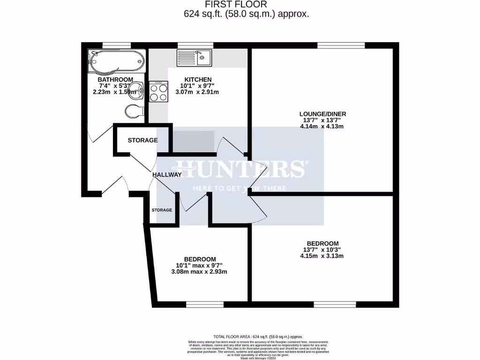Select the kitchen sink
coord(195,58)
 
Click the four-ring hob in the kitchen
coord(159,91)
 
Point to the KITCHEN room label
coord(198,80)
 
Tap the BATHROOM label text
coord(115,80)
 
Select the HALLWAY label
coord(167,175)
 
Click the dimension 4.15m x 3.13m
coord(322,256)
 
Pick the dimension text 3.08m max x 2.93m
coord(200,272)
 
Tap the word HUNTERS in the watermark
coord(240,169)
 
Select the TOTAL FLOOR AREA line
coord(258,337)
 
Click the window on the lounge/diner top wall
coord(341,45)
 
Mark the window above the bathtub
coord(116,45)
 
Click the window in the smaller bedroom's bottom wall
coord(205,305)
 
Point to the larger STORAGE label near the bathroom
coord(142,140)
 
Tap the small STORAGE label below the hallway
coord(162,210)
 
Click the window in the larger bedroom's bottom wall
coord(331,305)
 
